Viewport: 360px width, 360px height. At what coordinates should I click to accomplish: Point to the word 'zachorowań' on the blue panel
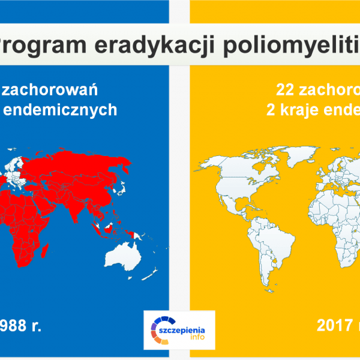(x=60, y=90)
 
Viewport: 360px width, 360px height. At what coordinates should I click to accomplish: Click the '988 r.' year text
(x=23, y=326)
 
